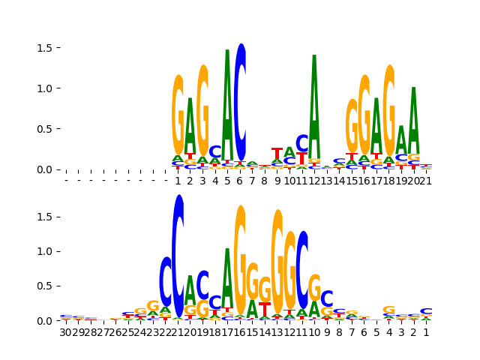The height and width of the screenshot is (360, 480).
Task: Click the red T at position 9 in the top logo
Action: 277,154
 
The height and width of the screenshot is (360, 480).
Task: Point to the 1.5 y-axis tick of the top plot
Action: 46,48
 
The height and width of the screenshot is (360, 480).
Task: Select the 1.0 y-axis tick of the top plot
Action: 46,88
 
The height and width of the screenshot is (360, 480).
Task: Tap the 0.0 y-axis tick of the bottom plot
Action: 46,321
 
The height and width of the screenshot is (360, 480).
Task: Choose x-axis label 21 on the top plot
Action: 426,181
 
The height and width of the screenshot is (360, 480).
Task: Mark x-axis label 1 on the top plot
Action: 178,181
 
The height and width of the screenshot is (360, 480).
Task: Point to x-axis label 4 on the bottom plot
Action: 389,332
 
